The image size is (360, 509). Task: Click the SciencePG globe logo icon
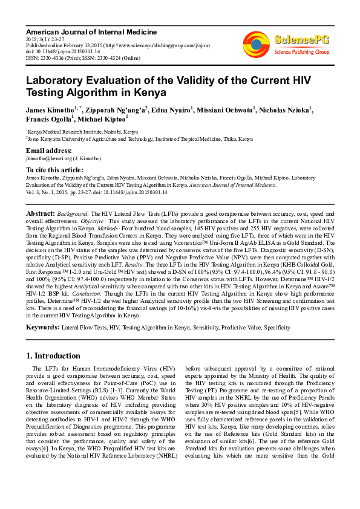click(256, 44)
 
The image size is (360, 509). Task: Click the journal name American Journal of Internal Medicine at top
click(91, 31)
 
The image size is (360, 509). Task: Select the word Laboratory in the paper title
click(58, 81)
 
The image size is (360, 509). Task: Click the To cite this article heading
click(54, 170)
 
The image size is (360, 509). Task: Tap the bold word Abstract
click(41, 214)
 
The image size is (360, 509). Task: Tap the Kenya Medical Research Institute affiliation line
click(82, 131)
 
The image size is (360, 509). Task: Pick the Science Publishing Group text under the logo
click(301, 53)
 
